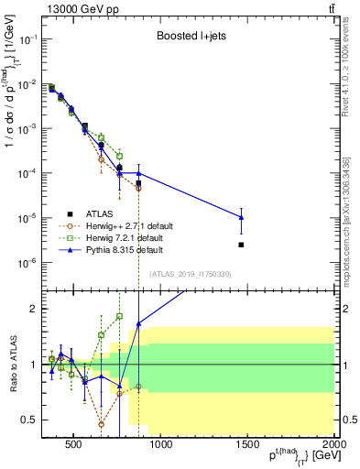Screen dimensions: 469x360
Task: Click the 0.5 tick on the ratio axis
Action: click(x=30, y=420)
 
